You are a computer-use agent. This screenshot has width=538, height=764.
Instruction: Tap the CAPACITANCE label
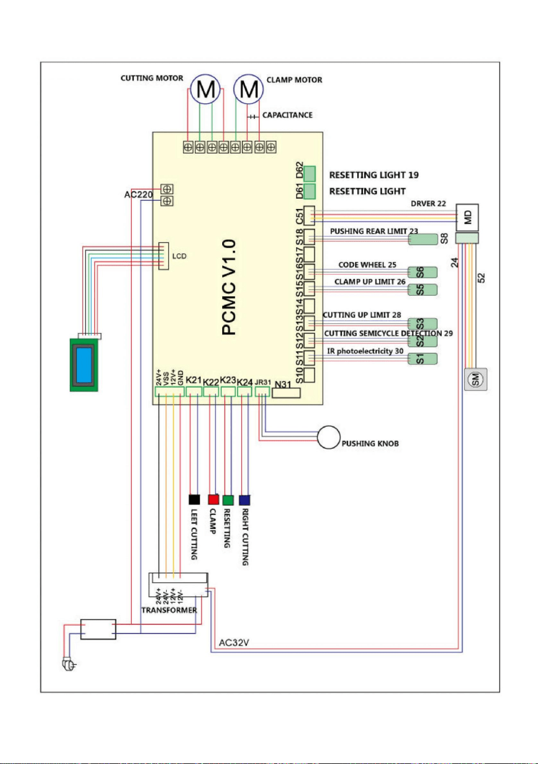(x=287, y=115)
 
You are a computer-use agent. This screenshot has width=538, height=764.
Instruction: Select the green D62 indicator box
(x=309, y=174)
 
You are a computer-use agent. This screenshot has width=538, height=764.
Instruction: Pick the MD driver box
(x=467, y=217)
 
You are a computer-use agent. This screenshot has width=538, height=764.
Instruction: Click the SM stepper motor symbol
(x=476, y=379)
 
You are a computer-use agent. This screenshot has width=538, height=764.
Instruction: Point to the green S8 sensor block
(x=423, y=239)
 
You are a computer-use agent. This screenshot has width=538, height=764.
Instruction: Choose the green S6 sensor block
(x=423, y=272)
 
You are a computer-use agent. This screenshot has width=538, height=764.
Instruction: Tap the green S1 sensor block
(x=423, y=359)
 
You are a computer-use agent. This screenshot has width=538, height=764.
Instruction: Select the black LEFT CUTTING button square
(x=195, y=500)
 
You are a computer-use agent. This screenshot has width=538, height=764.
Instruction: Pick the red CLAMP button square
(x=214, y=500)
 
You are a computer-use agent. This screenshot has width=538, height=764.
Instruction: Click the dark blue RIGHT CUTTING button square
(x=244, y=500)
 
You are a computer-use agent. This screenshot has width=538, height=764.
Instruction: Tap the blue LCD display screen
(x=84, y=364)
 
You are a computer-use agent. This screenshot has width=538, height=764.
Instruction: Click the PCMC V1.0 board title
(x=229, y=287)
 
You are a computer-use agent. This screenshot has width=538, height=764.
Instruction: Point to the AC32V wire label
(x=234, y=643)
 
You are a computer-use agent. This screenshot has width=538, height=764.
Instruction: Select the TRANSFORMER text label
(x=169, y=610)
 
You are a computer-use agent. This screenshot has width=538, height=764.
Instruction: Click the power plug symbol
(x=69, y=665)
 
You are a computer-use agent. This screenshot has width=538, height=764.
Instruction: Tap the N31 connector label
(x=283, y=385)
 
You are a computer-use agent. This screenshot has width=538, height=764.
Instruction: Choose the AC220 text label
(x=139, y=195)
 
